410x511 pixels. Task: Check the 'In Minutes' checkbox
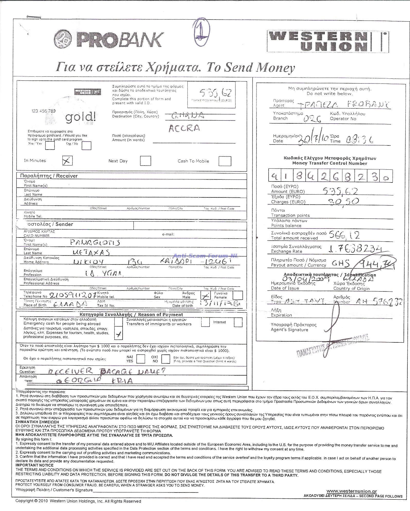click(68, 161)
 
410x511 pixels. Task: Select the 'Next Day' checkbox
click(145, 161)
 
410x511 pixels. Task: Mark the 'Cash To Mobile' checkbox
click(225, 161)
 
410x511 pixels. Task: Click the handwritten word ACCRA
click(184, 128)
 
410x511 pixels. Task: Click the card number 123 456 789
click(43, 111)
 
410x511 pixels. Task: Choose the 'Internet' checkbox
click(238, 322)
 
